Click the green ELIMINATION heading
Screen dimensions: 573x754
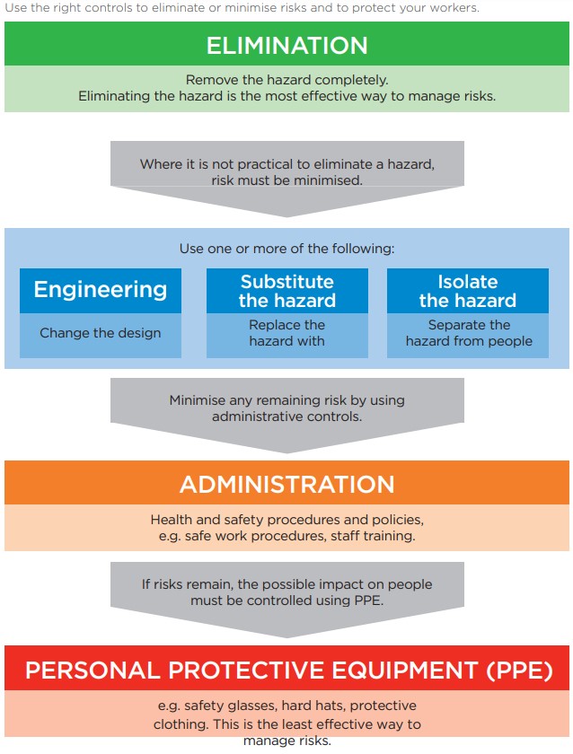[286, 46]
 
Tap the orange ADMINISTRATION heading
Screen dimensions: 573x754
[287, 484]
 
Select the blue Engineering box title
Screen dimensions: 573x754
[101, 289]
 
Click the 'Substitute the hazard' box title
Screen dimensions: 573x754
[287, 291]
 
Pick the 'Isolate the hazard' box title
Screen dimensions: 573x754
[468, 291]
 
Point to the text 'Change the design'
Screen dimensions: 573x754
[100, 333]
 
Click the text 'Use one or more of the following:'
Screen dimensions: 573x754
[286, 249]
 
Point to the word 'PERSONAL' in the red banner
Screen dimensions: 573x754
[93, 671]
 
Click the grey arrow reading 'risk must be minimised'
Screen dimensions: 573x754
[287, 179]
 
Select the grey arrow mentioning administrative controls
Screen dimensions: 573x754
[287, 415]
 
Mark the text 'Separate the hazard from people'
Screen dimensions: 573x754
[469, 333]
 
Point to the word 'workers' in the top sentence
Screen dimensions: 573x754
[454, 8]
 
